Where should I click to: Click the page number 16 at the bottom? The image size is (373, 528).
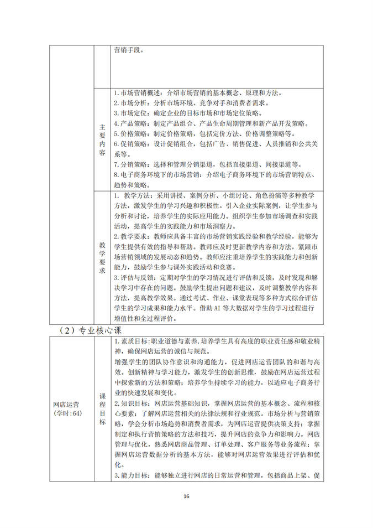point(186,496)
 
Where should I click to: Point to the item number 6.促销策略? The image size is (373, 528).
point(131,143)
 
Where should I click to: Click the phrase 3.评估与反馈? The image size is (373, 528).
point(135,278)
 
